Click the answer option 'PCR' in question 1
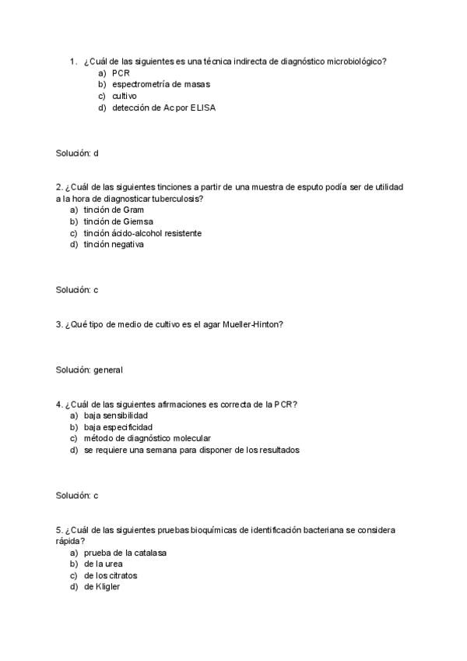[x=121, y=72]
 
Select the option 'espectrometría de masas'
[x=160, y=84]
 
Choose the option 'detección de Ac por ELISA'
[x=163, y=108]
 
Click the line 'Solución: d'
[x=77, y=153]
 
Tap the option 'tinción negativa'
[x=114, y=245]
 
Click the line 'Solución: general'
[x=89, y=370]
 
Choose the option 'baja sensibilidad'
[x=116, y=415]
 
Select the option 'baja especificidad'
[x=118, y=427]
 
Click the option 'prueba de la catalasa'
[x=125, y=553]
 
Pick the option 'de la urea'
[x=103, y=564]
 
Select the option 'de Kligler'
[x=102, y=587]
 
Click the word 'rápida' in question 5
[x=70, y=541]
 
